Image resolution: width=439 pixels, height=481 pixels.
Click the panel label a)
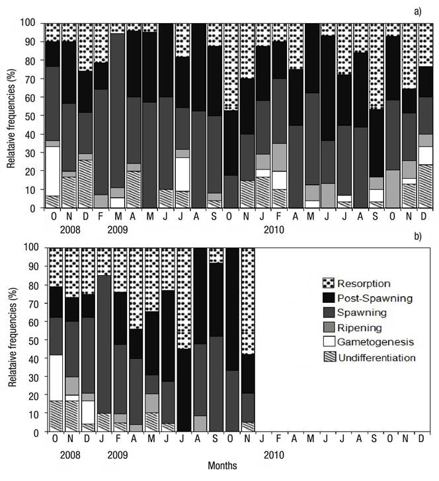click(x=426, y=12)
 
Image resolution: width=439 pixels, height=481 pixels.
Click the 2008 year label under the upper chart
click(x=69, y=230)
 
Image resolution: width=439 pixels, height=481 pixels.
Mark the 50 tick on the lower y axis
click(x=33, y=340)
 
